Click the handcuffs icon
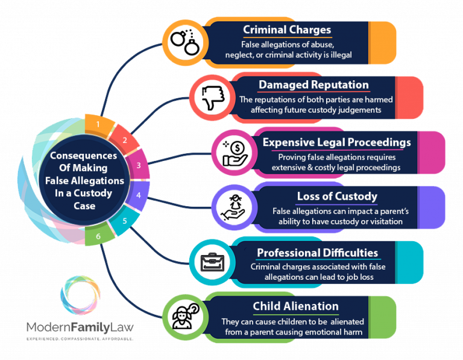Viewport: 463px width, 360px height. (183, 40)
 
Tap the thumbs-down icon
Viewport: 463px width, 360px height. (211, 96)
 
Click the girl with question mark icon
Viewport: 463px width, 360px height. (183, 316)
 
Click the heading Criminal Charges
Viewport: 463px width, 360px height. (287, 30)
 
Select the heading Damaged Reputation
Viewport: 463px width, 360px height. (313, 84)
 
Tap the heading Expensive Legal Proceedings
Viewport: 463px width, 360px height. (336, 142)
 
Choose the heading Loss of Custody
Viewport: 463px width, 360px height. (337, 196)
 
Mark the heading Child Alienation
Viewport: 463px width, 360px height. (295, 307)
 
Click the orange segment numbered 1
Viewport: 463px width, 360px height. (97, 125)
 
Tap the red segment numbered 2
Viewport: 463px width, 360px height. (125, 141)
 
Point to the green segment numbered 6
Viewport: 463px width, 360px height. (98, 236)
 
